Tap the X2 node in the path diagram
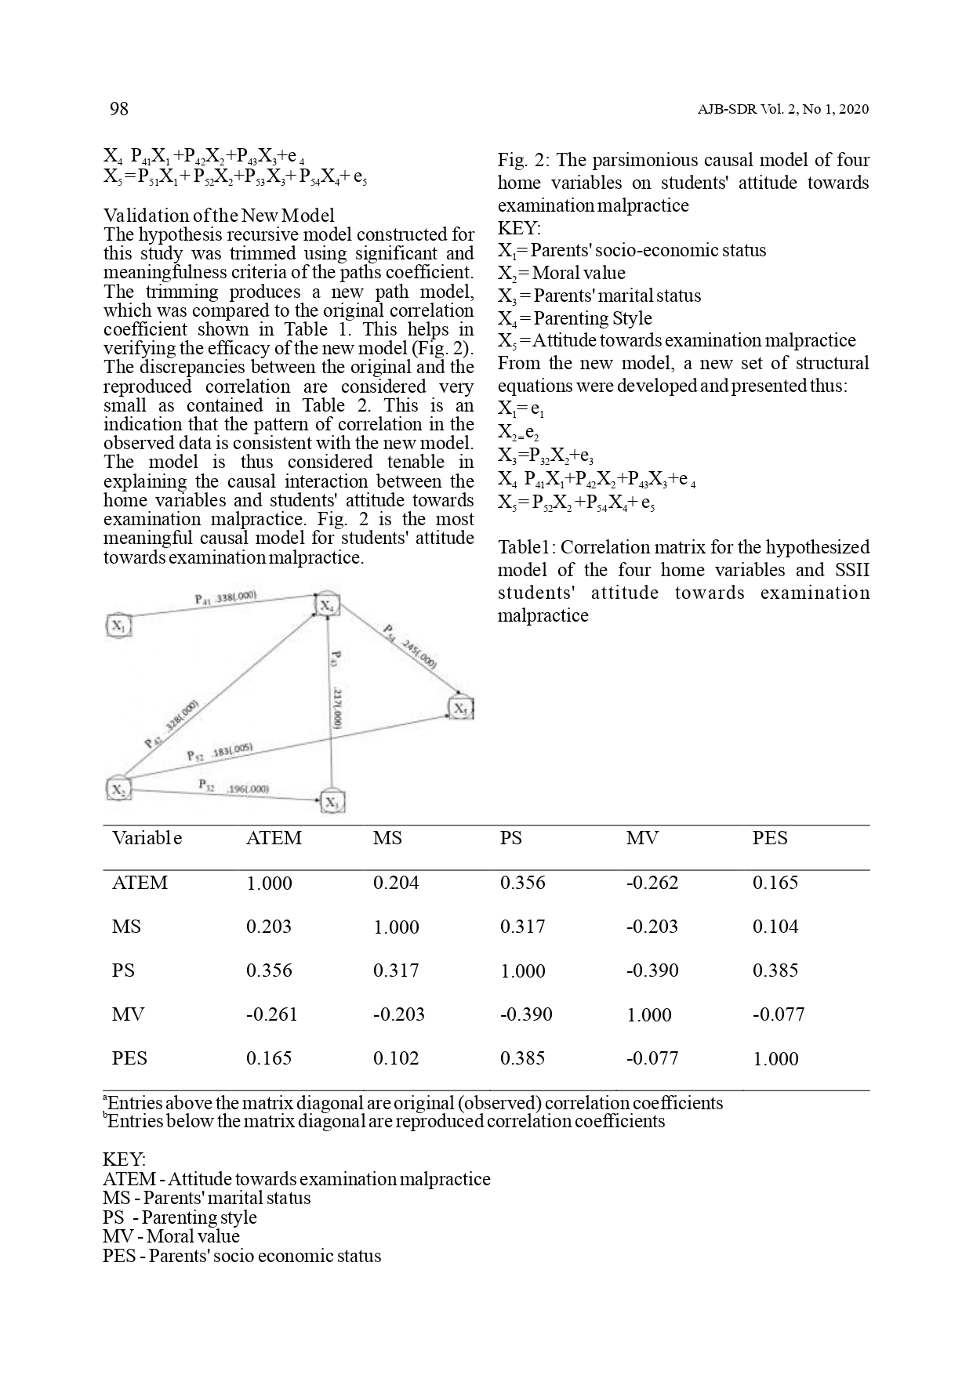(x=118, y=789)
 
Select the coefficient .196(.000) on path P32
(x=248, y=789)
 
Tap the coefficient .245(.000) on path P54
(x=418, y=651)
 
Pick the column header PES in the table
(x=769, y=838)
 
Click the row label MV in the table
(x=128, y=1014)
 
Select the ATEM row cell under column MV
(x=652, y=883)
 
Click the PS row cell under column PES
(x=775, y=970)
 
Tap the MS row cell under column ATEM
(x=269, y=927)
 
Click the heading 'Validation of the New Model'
(x=219, y=216)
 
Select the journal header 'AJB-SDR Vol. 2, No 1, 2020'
(x=782, y=110)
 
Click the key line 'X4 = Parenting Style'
(x=575, y=318)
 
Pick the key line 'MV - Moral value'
(x=171, y=1236)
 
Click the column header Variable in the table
(x=147, y=838)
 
